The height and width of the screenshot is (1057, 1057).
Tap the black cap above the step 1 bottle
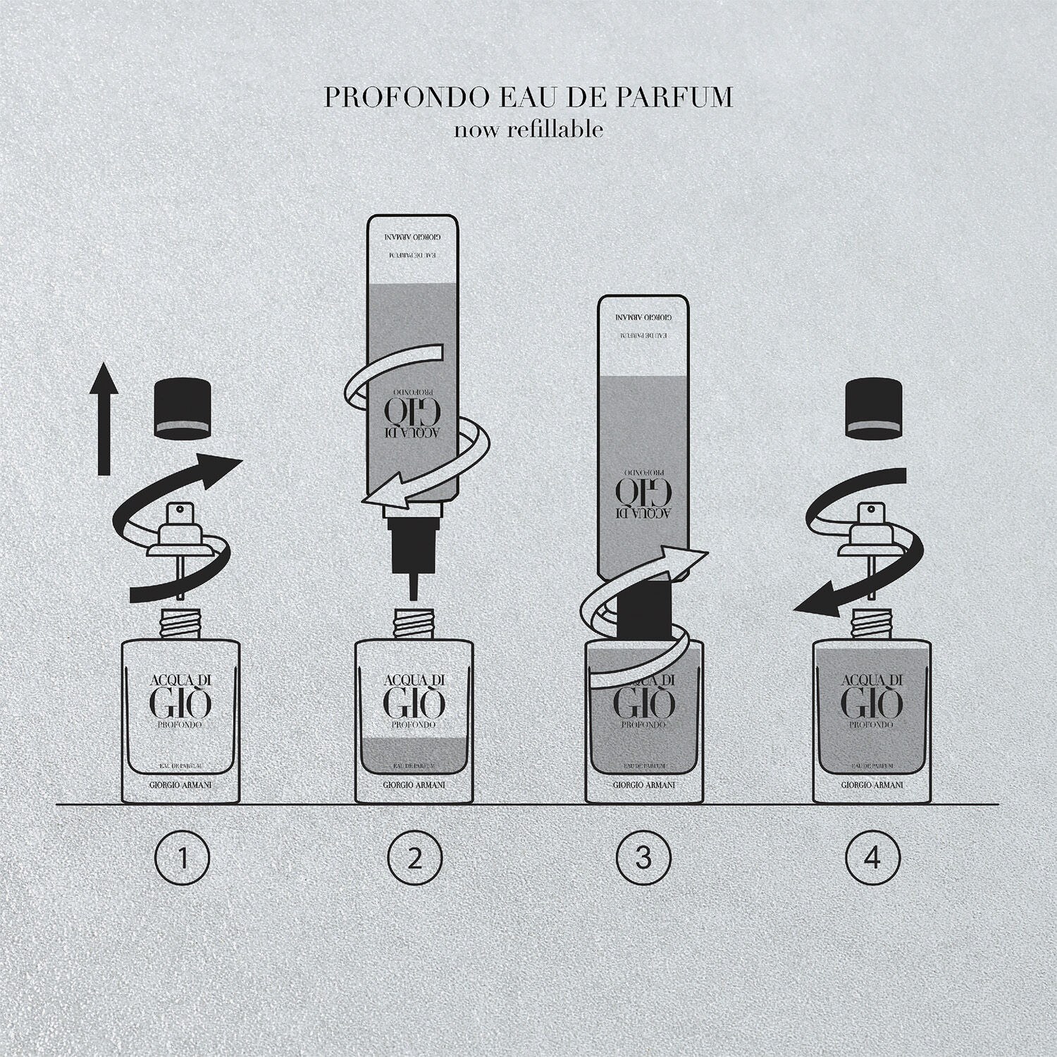[183, 406]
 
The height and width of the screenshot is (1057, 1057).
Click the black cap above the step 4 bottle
[872, 406]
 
